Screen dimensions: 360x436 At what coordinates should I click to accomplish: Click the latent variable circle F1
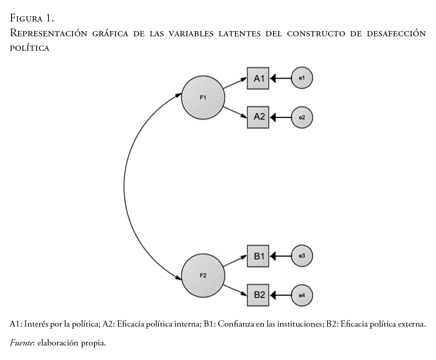click(x=203, y=98)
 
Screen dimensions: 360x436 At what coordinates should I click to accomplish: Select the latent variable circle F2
click(x=203, y=275)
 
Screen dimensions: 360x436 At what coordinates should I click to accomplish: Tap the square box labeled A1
click(x=258, y=78)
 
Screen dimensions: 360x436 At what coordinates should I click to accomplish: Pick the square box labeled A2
click(x=258, y=117)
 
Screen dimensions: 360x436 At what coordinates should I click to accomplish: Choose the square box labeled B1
click(x=258, y=256)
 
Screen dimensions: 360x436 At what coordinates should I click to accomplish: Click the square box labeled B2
click(x=258, y=295)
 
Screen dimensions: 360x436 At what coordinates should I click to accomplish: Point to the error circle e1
click(x=302, y=78)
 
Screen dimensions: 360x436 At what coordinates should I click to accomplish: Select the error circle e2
click(x=302, y=117)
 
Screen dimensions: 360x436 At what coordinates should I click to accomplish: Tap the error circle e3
click(x=302, y=256)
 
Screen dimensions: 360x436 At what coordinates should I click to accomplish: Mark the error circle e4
click(x=302, y=295)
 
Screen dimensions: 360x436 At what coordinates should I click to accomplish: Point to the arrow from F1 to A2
click(x=235, y=112)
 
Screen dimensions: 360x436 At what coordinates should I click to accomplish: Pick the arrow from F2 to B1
click(x=235, y=261)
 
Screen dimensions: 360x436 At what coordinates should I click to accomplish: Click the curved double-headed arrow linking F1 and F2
click(x=124, y=185)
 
